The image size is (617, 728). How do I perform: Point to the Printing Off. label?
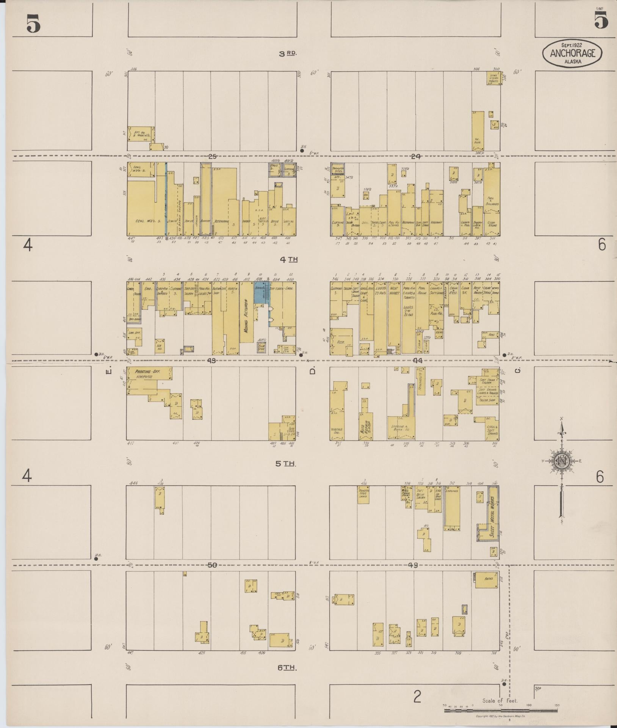[x=147, y=372]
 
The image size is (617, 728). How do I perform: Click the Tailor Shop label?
[x=487, y=400]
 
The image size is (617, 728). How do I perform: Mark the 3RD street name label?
[x=288, y=53]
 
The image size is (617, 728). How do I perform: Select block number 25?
[x=212, y=156]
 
